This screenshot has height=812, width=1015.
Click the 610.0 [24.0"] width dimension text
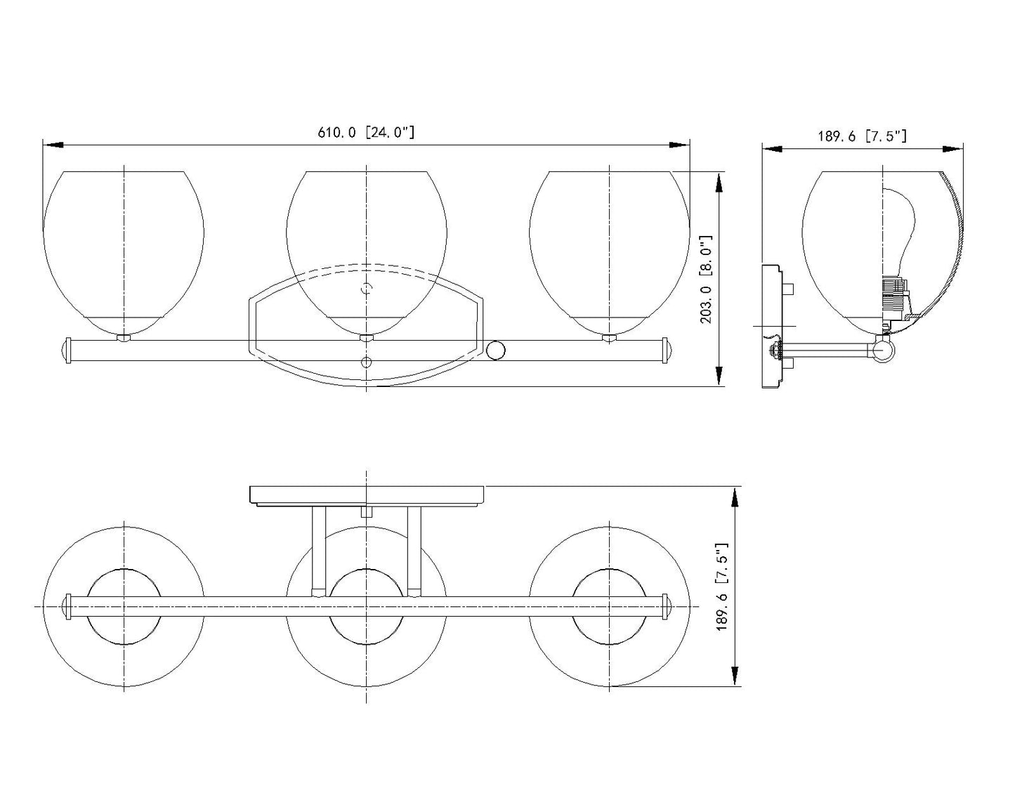pos(366,132)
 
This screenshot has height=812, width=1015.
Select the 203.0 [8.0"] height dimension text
pos(707,280)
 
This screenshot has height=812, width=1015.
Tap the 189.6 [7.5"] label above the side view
pos(862,136)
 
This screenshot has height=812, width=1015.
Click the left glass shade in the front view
pos(124,253)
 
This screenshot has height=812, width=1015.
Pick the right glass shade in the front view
pos(610,253)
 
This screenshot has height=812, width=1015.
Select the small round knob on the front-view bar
pos(496,350)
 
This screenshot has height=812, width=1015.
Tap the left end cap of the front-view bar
pos(65,350)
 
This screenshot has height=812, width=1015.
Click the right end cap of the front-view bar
pos(667,350)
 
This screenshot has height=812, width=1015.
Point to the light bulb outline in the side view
pos(899,236)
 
